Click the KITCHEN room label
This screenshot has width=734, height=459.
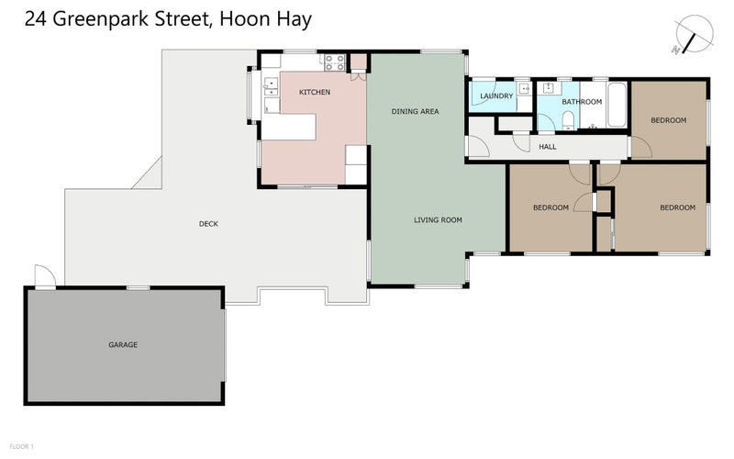coord(314,93)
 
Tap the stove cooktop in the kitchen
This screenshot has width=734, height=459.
coord(334,62)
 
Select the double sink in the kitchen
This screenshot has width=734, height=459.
coord(272,87)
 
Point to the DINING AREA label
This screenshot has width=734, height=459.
coord(415,111)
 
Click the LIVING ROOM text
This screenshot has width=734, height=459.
coord(438,220)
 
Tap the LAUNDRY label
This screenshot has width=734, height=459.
coord(495,95)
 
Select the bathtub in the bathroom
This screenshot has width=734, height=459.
coord(617,106)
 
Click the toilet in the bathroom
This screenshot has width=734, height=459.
coord(568,120)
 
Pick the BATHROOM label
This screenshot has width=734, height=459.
coord(582,102)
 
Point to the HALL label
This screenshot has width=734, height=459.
coord(547,147)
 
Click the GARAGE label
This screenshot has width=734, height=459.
coord(123,345)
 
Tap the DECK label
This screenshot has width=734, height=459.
coord(208,224)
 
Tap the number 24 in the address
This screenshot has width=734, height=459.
coord(38,17)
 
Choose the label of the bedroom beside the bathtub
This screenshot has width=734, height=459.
coord(668,120)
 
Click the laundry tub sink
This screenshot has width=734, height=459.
coord(522,89)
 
